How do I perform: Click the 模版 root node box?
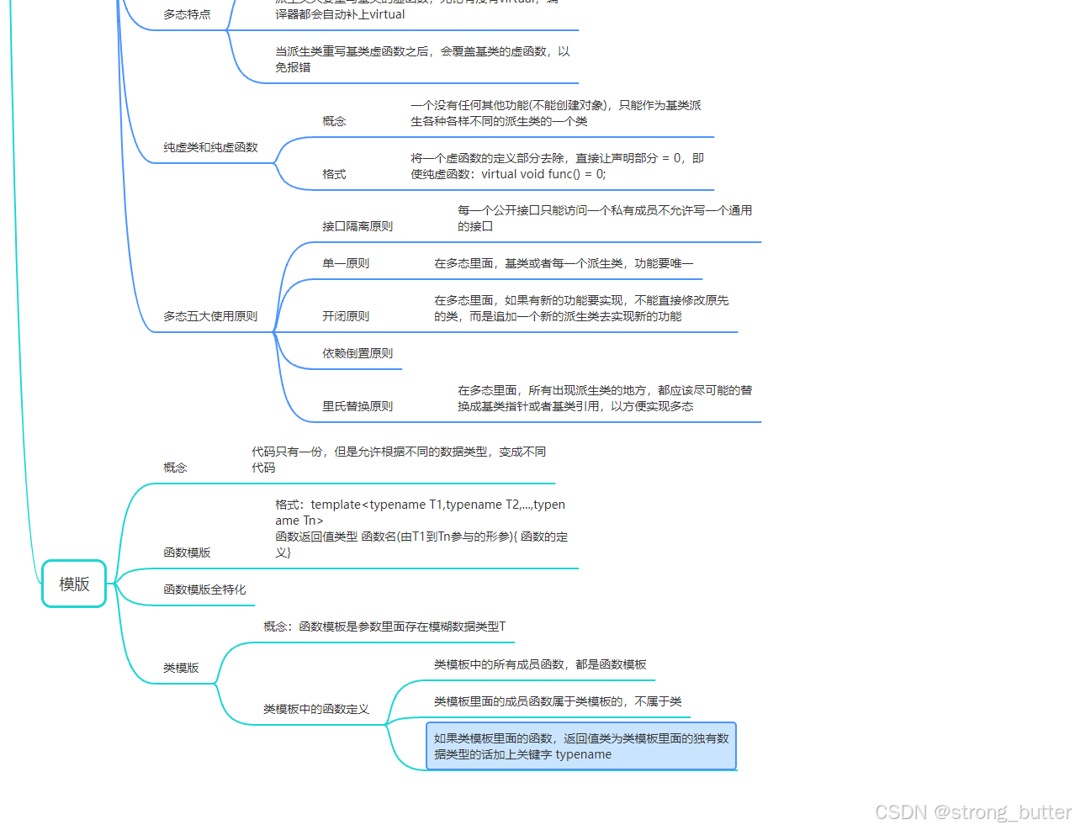point(74,584)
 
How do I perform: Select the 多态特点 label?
point(187,14)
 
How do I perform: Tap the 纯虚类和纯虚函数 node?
point(210,147)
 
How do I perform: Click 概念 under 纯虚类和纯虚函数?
point(334,121)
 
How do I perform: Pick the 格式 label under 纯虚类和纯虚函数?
point(334,174)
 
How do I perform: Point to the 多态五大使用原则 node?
point(210,316)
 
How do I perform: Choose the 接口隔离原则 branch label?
point(357,226)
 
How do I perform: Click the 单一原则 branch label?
point(346,263)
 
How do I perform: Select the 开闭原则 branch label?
point(346,316)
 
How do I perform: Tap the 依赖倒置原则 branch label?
point(357,353)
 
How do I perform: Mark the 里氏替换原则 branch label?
point(357,406)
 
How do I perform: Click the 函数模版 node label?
point(187,552)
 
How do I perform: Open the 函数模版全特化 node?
point(204,589)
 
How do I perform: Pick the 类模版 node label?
point(181,668)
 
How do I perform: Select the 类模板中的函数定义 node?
point(316,709)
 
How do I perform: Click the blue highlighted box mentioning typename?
point(581,746)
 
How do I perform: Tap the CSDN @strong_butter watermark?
point(973,811)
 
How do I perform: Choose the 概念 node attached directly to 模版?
point(175,468)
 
